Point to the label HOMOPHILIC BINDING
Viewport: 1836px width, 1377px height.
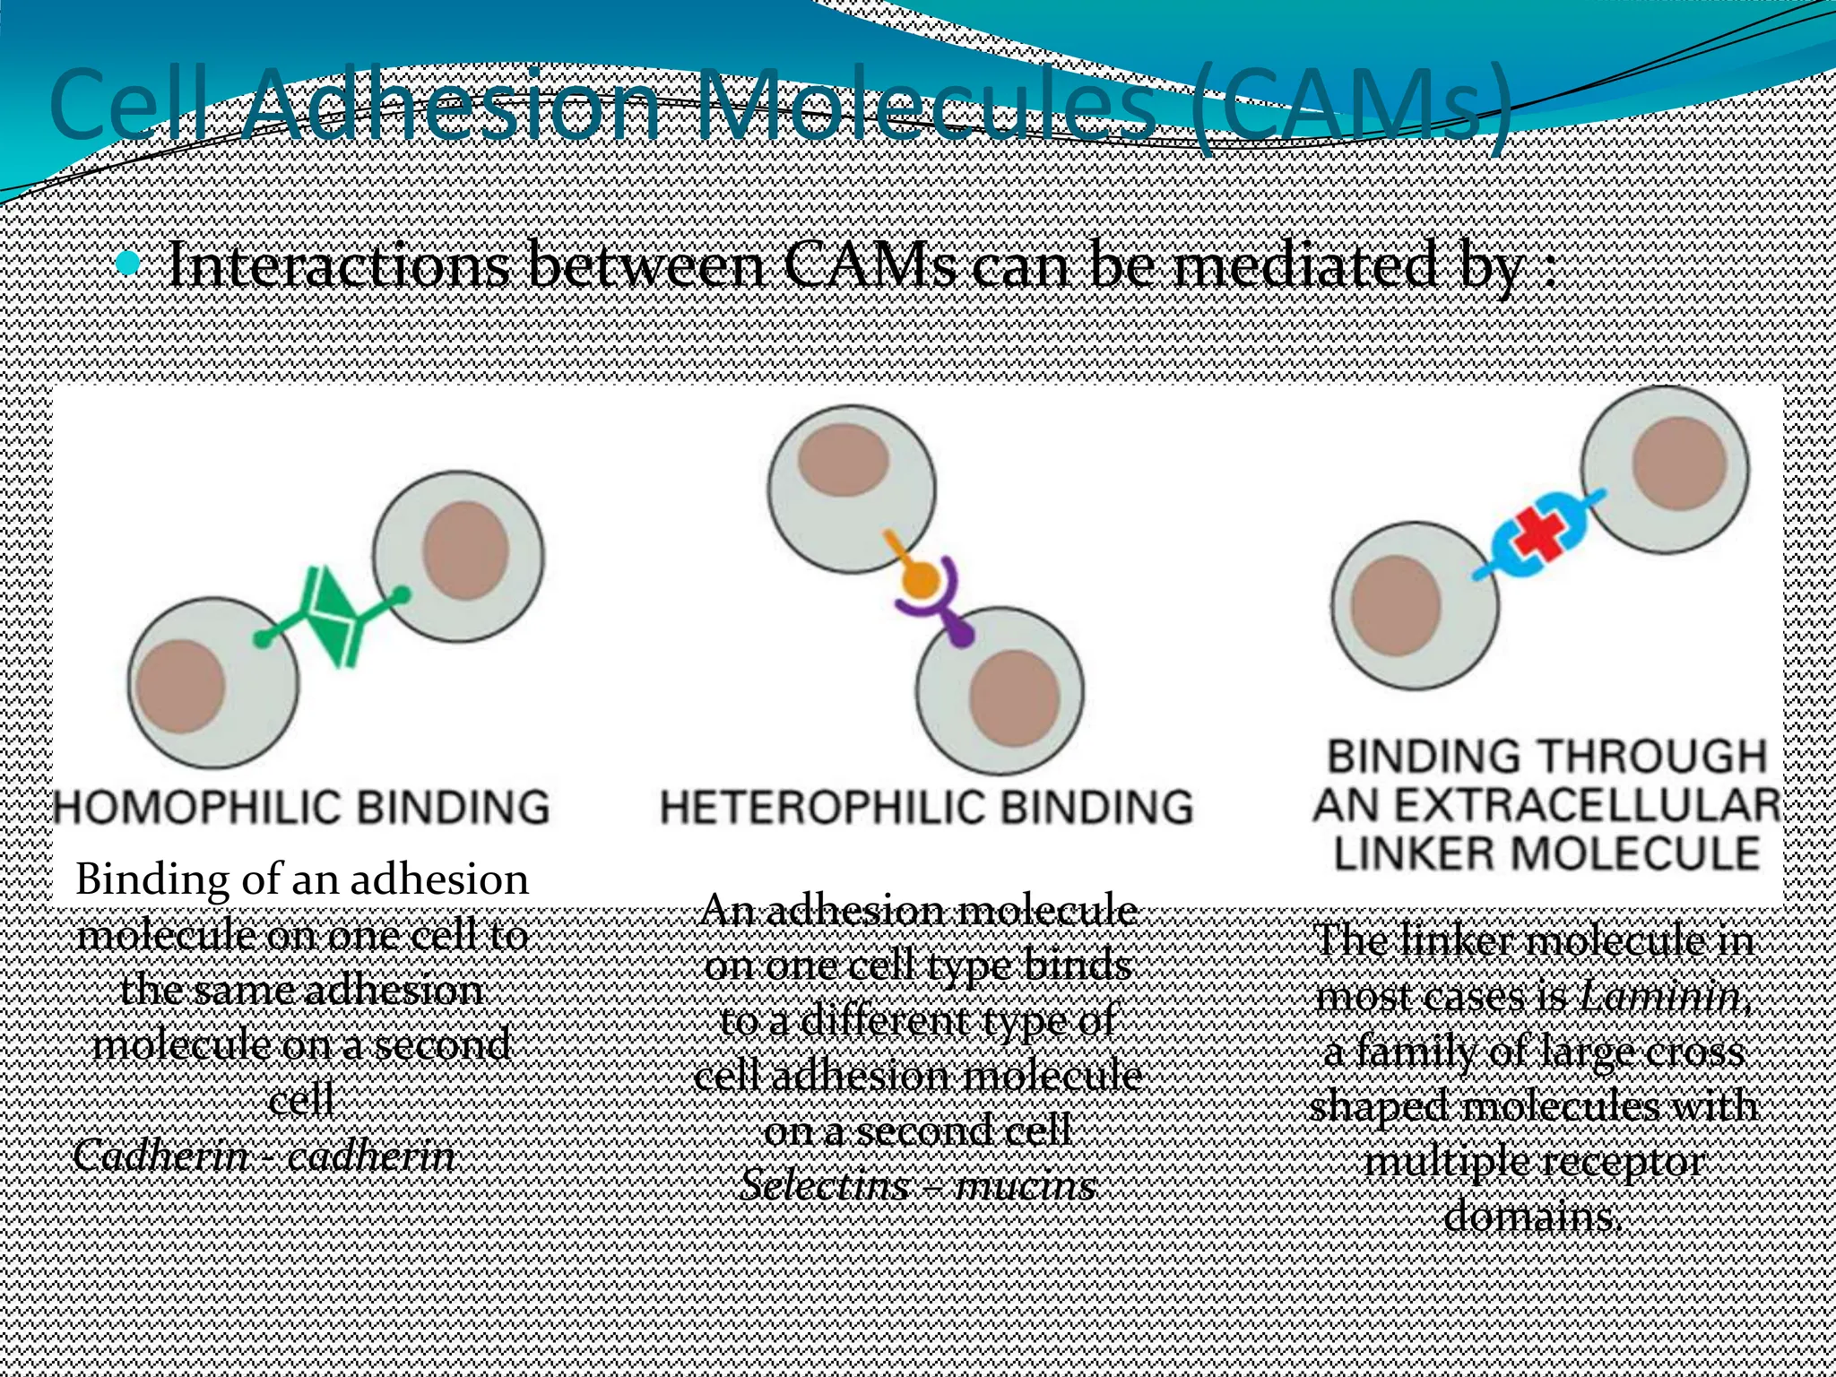[302, 807]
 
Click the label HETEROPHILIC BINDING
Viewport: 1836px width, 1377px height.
[927, 807]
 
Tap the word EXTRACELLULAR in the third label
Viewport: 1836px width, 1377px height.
[1546, 804]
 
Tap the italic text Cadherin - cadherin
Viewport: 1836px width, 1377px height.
[264, 1156]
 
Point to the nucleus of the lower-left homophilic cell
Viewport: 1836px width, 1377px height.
[180, 687]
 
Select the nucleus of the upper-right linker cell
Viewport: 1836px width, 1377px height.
[1679, 464]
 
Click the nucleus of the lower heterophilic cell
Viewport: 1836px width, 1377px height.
[1015, 699]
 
